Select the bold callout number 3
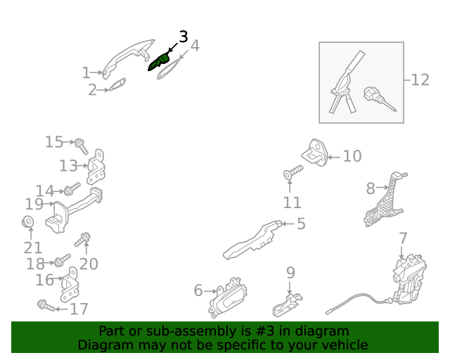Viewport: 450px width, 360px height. click(184, 37)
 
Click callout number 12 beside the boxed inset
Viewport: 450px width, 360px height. click(420, 80)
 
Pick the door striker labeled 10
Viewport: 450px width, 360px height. click(315, 152)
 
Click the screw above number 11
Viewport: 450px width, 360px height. click(293, 172)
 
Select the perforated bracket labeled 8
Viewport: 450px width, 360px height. click(385, 200)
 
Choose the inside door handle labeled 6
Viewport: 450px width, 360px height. click(228, 297)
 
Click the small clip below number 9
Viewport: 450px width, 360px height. click(287, 305)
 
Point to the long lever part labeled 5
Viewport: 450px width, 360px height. click(252, 240)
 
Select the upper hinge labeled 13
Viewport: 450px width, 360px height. click(96, 167)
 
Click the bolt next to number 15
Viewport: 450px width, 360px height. click(82, 146)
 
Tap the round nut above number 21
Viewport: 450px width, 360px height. click(28, 221)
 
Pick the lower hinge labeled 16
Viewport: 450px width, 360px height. click(70, 285)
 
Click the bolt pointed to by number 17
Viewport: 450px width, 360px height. click(46, 305)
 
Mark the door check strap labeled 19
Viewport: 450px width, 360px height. click(74, 210)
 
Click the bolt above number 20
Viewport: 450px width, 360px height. click(82, 240)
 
